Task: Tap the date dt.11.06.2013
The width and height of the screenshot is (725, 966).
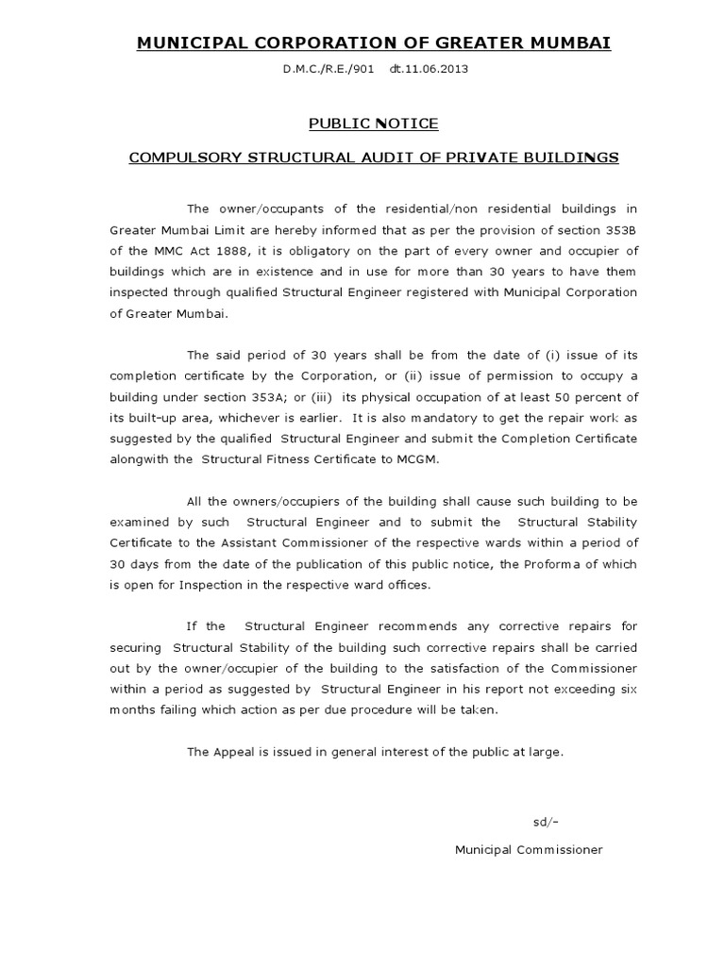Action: point(429,70)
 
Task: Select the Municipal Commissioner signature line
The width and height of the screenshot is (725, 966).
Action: point(528,850)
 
